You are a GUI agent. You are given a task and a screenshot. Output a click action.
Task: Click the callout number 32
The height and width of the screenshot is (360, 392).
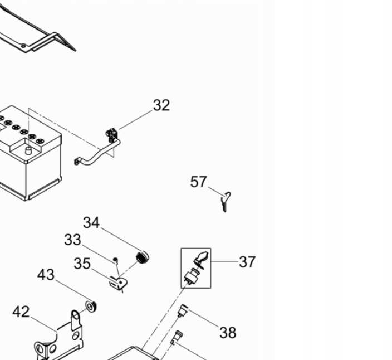(x=161, y=105)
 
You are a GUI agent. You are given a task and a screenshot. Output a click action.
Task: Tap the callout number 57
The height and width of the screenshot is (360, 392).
(x=199, y=182)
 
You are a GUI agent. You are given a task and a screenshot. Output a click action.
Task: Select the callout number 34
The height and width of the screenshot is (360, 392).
(x=91, y=223)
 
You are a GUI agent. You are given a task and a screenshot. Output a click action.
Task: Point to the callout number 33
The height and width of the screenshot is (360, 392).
(x=72, y=240)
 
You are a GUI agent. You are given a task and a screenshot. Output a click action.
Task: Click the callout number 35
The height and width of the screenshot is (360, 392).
(x=82, y=264)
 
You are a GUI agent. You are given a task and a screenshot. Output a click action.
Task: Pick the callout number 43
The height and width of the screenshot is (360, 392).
(x=46, y=275)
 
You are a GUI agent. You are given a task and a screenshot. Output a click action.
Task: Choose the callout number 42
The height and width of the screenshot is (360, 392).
(x=21, y=312)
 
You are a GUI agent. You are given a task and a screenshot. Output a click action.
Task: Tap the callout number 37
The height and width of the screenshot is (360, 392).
(x=247, y=261)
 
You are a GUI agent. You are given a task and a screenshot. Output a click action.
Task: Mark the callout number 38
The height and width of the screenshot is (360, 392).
(x=228, y=333)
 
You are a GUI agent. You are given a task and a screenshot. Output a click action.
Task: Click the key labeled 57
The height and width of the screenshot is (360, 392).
(x=225, y=201)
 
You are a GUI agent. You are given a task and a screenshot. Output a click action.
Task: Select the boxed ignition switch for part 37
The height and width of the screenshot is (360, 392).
(x=196, y=268)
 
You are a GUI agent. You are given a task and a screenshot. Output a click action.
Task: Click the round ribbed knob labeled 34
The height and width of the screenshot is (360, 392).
(x=143, y=258)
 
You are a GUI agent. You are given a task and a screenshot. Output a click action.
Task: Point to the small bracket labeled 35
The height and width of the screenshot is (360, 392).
(x=118, y=284)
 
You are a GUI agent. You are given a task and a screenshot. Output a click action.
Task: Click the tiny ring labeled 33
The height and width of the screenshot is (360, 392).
(x=115, y=259)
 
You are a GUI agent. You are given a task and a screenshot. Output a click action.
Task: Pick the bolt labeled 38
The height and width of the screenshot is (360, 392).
(x=182, y=310)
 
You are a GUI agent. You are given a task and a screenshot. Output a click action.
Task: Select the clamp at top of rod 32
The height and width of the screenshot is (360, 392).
(x=112, y=134)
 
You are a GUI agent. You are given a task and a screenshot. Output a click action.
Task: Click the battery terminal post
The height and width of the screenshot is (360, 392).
(x=28, y=150)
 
